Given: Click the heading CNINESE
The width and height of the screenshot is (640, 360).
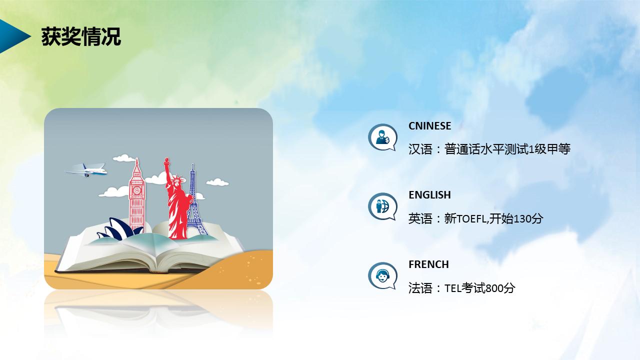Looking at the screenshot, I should (x=429, y=126).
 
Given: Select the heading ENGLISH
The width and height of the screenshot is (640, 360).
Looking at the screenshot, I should (x=429, y=195).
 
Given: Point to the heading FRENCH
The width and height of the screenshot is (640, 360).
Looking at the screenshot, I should (x=428, y=264).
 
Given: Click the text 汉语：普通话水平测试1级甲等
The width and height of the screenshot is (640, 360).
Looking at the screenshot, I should (x=489, y=149).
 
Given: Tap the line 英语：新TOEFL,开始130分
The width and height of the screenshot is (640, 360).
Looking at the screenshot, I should (x=475, y=218).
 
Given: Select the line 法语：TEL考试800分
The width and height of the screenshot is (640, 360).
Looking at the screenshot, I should (x=461, y=288).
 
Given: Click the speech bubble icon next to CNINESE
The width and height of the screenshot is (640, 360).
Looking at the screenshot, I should (x=382, y=137).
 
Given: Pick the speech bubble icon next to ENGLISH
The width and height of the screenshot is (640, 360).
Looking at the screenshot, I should (x=382, y=206).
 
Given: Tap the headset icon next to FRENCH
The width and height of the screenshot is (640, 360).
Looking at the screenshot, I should (x=382, y=275).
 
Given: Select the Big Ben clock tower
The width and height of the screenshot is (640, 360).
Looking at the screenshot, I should (x=136, y=197).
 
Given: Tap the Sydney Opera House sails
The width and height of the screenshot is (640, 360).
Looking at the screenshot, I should (x=115, y=230).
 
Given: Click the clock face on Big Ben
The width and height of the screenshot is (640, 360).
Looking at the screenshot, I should (x=136, y=189).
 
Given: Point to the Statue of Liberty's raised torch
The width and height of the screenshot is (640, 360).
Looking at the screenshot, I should (x=167, y=162).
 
